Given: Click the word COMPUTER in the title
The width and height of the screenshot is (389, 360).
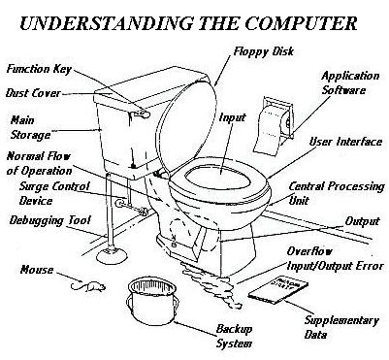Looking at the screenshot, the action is point(301,23).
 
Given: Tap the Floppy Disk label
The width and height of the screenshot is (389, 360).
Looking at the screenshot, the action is point(264,51).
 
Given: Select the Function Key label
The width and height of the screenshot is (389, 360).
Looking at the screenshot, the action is point(39,69).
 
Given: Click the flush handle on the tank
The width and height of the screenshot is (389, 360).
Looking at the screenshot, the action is point(142,113).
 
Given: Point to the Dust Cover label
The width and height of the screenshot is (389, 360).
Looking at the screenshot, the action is point(33,93).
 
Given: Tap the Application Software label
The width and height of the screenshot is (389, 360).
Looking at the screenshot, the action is point(350,83).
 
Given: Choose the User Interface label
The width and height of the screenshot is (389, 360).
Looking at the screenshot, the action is point(345,142).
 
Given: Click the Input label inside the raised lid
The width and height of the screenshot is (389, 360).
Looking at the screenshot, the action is point(232,117).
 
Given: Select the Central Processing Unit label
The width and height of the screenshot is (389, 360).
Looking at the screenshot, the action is point(337,193).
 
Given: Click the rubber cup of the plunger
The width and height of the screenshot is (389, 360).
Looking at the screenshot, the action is point(112,255).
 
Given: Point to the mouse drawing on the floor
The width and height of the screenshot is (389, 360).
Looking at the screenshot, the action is point(88,286).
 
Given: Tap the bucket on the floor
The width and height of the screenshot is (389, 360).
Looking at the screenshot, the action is point(153,302).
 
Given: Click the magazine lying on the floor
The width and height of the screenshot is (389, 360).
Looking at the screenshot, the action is point(278,290).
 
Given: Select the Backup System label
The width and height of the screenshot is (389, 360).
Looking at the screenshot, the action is point(234,336).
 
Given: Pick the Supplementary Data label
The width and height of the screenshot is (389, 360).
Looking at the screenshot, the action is point(341,327).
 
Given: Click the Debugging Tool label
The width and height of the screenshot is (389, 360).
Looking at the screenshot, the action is point(49,220).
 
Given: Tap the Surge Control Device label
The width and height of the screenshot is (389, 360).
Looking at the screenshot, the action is point(54,193).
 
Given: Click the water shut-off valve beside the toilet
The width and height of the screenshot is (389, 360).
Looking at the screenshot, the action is point(121,203).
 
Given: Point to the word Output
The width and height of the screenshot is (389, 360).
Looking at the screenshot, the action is point(362,221).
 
